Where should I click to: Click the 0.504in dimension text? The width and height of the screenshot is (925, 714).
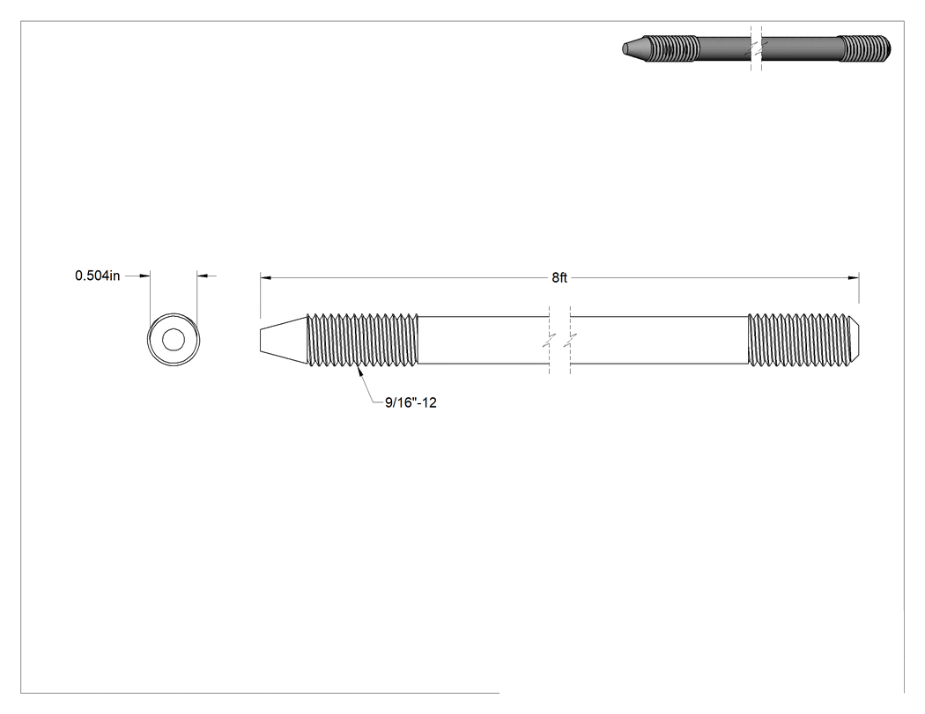(x=97, y=276)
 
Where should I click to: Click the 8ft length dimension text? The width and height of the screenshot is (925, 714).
(x=559, y=277)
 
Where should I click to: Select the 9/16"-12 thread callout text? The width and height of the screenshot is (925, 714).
(x=411, y=402)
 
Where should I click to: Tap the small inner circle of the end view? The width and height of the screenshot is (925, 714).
(x=174, y=340)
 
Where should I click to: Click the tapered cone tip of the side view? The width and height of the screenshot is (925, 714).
(x=283, y=340)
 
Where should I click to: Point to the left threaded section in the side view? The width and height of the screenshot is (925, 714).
(x=362, y=339)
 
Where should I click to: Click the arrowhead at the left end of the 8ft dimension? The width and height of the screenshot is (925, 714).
(x=265, y=277)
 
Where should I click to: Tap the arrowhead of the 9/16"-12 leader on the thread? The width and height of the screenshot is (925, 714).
(x=358, y=371)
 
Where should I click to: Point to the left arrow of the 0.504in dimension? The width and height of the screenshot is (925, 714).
(x=144, y=276)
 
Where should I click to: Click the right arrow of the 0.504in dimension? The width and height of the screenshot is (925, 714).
(x=203, y=276)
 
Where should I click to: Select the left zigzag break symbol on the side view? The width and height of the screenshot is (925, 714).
(x=550, y=340)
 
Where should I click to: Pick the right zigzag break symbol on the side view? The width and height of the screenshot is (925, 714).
(x=570, y=340)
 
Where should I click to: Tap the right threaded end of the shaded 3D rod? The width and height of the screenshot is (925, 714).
(x=865, y=48)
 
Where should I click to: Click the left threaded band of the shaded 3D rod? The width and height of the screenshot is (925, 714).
(x=672, y=48)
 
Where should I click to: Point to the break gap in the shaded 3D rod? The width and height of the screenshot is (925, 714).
(x=756, y=48)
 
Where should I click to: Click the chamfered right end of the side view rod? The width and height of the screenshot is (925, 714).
(x=855, y=339)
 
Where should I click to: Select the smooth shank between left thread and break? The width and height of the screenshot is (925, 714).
(x=484, y=340)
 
